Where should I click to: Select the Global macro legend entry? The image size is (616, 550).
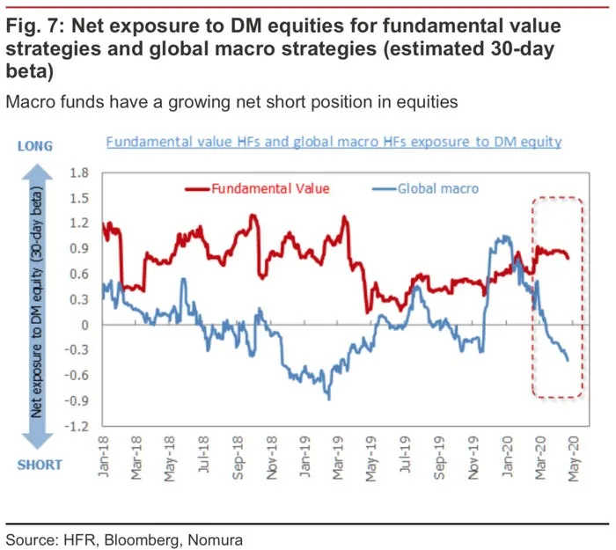pos(431,187)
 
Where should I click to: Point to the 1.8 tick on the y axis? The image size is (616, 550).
pos(82,172)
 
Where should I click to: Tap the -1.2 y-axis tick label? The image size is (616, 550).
pos(78,428)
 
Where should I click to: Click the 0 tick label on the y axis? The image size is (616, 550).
pos(86,326)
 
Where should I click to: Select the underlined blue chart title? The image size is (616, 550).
pos(334,142)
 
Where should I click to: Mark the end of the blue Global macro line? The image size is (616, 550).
pos(568,360)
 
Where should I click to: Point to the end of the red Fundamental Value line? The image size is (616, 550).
pos(568,258)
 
